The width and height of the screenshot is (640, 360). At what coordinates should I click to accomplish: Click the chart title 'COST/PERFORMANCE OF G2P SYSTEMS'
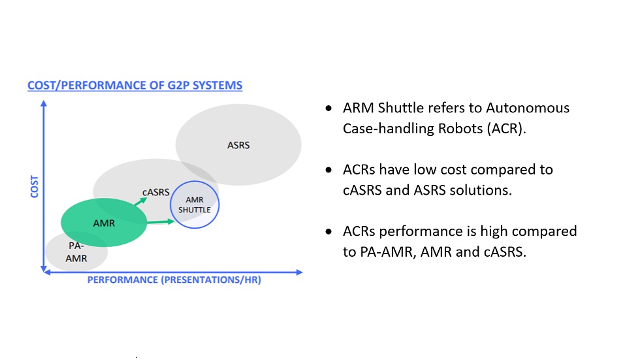(x=135, y=86)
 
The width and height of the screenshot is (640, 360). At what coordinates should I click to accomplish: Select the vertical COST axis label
(x=35, y=186)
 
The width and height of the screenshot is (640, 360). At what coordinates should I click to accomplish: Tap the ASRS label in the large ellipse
(x=238, y=145)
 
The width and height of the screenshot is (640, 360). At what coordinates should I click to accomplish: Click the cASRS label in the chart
(x=156, y=192)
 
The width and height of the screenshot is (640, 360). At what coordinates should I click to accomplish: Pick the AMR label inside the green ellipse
(x=104, y=223)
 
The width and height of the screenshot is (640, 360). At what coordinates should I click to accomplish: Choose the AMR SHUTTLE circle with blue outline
(x=194, y=205)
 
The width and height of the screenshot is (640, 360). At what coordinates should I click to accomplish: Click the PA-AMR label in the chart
(x=76, y=252)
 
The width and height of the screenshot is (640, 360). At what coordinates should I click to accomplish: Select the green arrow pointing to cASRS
(x=139, y=203)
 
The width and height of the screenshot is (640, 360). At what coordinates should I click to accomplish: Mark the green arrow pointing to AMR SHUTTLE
(x=161, y=222)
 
